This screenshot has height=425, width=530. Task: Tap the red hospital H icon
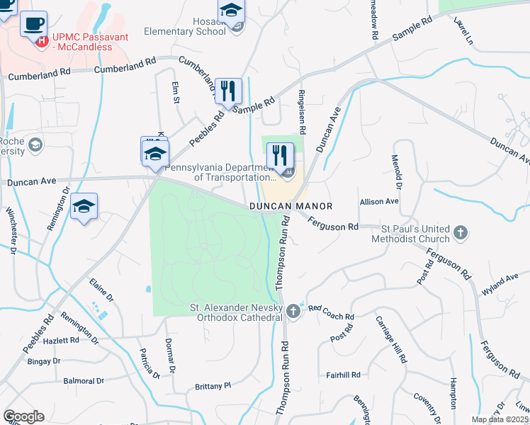[42, 41]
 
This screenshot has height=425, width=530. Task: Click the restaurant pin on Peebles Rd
[228, 91]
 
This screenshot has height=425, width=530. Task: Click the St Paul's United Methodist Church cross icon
[461, 232]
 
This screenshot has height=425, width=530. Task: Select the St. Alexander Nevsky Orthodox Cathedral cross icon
[293, 311]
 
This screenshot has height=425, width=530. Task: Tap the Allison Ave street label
[379, 202]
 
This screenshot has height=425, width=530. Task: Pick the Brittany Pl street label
[213, 386]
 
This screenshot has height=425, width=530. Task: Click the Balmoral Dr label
[84, 381]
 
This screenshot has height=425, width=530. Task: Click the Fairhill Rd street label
[344, 375]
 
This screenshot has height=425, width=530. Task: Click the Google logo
[23, 416]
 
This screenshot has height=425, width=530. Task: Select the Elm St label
[176, 91]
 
